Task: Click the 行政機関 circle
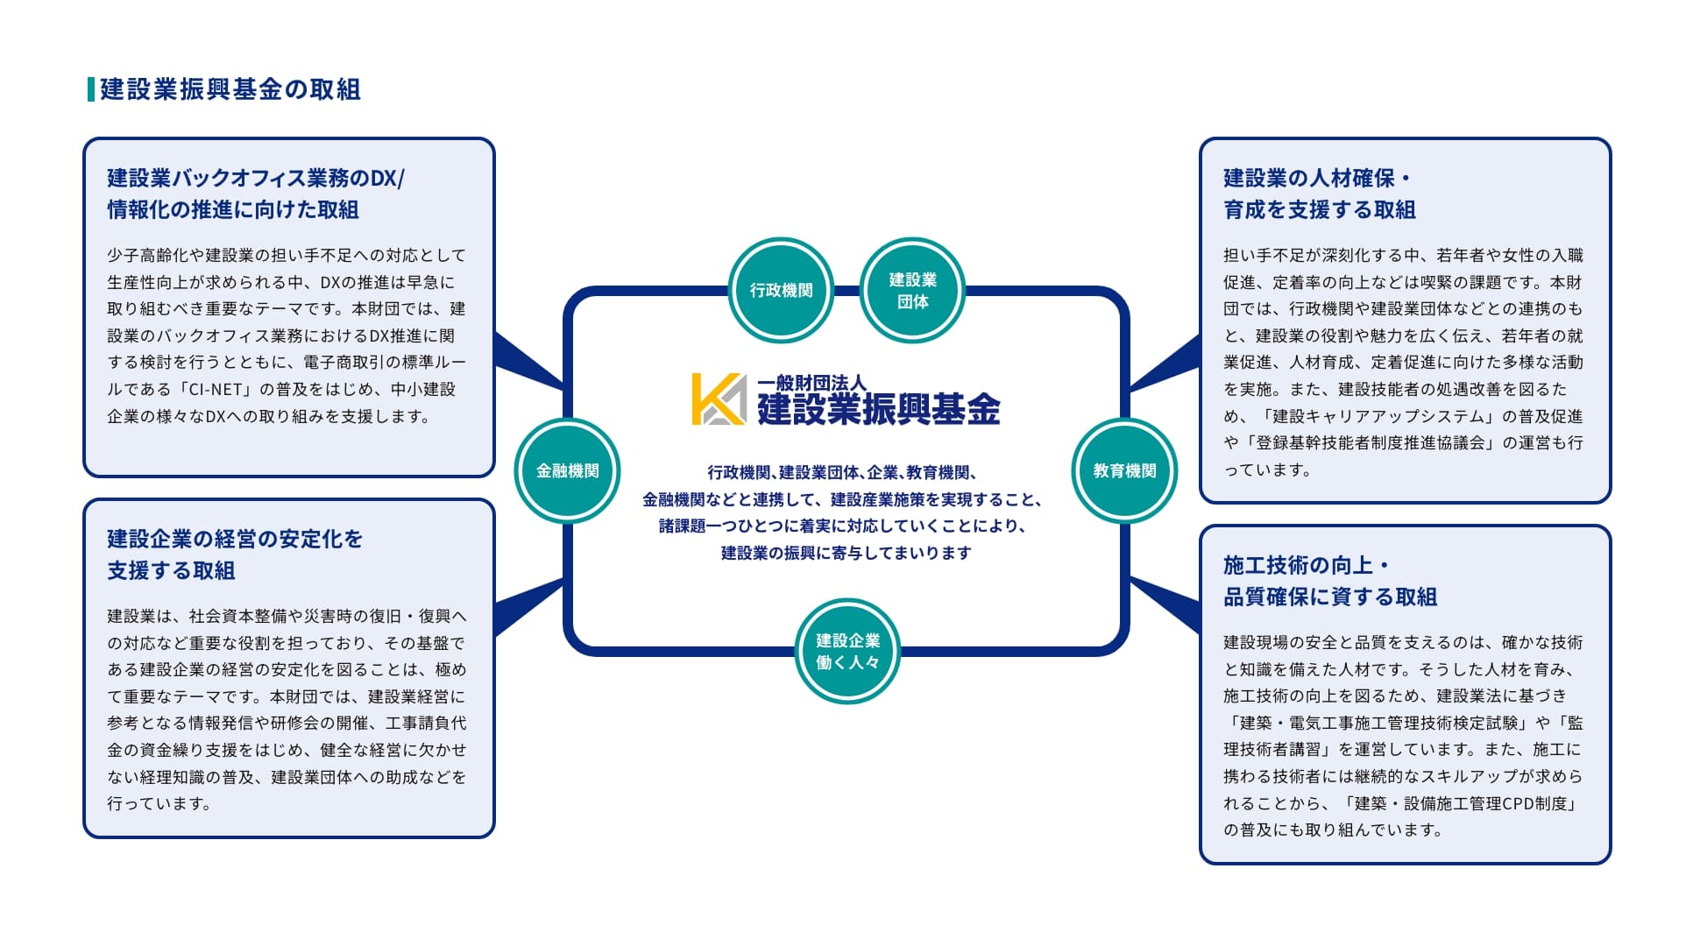[781, 290]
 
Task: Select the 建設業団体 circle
[912, 290]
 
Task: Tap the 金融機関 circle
[567, 470]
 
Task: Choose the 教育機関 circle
[1124, 470]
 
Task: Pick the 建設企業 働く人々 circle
[847, 651]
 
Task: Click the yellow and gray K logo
[719, 399]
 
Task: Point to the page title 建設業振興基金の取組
[230, 89]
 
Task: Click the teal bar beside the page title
[91, 89]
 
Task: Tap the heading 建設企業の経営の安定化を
[235, 539]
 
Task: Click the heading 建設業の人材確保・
[1317, 179]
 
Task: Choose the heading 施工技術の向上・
[1306, 565]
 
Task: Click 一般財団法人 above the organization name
[811, 383]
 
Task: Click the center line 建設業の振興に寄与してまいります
[846, 553]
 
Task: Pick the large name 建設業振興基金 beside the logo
[878, 409]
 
